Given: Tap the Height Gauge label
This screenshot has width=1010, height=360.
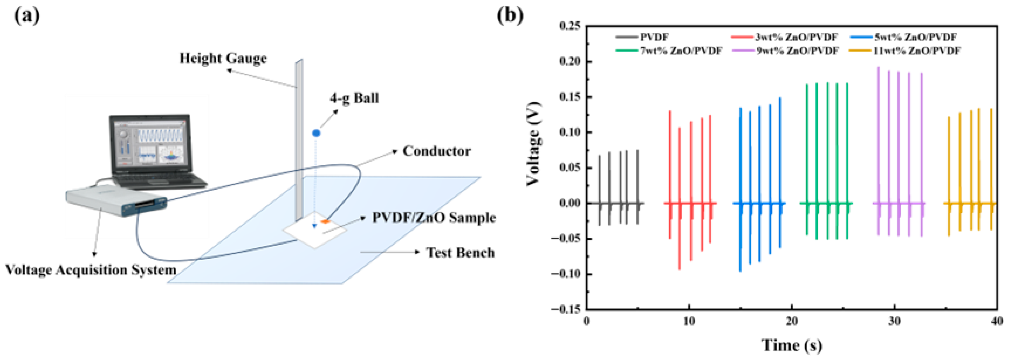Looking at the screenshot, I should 223,59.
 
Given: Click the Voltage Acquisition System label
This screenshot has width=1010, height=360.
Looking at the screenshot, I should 91,270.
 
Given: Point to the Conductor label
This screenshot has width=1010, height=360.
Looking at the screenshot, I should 436,151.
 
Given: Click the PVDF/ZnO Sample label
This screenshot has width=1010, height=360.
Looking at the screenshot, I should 434,218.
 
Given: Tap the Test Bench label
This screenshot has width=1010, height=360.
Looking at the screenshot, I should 460,253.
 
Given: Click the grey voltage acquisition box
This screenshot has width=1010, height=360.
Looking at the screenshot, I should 116,201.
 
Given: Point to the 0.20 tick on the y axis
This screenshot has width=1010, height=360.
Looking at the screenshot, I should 571,62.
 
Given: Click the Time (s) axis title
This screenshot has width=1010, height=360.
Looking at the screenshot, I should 792,345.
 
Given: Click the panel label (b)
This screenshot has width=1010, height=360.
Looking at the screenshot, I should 510,16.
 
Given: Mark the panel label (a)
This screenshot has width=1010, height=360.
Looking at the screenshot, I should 27,16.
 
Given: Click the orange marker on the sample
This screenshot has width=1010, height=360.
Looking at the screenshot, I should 325,222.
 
